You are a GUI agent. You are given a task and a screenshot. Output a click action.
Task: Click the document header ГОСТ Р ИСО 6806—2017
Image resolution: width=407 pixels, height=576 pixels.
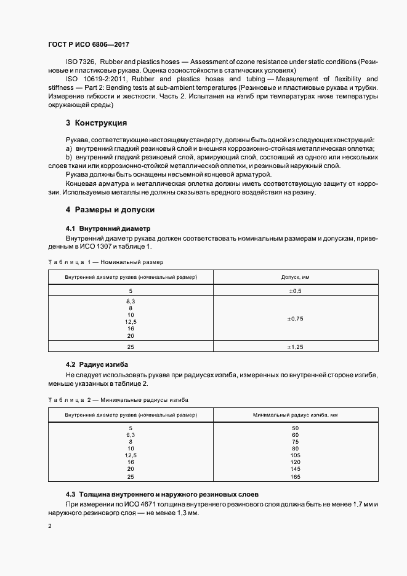click(x=88, y=45)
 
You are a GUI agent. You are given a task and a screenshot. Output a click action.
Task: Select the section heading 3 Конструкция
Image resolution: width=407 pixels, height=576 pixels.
click(x=96, y=122)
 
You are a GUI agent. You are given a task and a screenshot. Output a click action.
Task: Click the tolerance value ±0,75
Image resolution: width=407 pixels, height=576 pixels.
click(x=295, y=319)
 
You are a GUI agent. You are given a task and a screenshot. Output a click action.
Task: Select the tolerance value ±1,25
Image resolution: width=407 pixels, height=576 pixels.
click(x=295, y=347)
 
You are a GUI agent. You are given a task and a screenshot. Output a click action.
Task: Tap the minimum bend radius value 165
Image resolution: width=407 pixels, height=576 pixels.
click(x=295, y=477)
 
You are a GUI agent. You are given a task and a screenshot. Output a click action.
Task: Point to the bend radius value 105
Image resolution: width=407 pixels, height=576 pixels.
click(x=295, y=455)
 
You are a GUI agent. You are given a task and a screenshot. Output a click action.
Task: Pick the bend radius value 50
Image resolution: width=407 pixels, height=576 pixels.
click(x=295, y=428)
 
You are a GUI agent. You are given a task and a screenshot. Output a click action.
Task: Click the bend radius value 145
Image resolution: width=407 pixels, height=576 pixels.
click(x=295, y=469)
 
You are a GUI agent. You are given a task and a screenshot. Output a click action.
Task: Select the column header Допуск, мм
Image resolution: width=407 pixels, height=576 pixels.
click(x=295, y=277)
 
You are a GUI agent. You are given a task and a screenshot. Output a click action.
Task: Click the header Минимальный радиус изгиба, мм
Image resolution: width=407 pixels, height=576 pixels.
click(x=295, y=415)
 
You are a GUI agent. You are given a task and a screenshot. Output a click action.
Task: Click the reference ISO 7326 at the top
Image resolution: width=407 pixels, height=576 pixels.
click(x=80, y=62)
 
